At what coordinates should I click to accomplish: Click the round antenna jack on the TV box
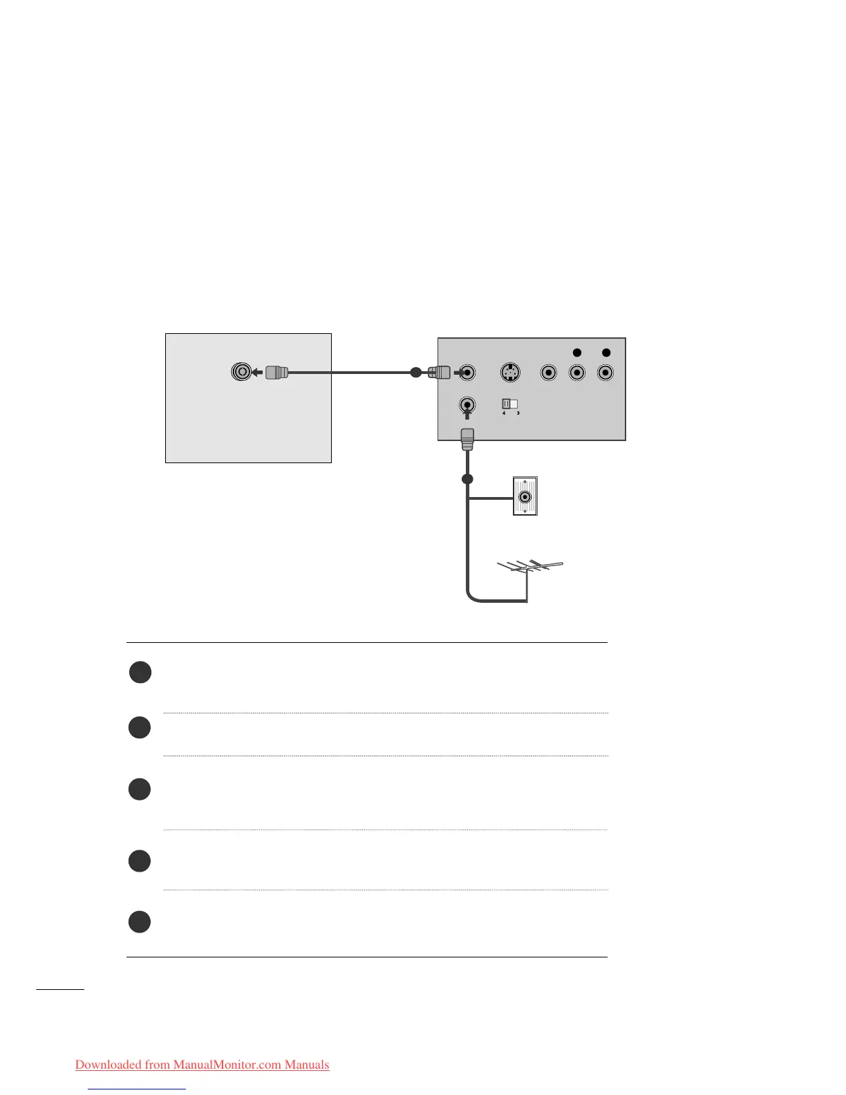pos(241,372)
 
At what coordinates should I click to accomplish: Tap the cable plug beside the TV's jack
pos(276,372)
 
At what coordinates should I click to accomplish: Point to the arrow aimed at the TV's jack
pos(256,373)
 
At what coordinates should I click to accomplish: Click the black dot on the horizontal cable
pos(415,372)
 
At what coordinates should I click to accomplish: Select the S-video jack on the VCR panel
pos(509,372)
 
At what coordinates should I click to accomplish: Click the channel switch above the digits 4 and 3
pos(510,404)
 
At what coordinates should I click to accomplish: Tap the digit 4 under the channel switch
pos(504,413)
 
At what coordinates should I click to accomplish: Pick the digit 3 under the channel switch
pos(518,413)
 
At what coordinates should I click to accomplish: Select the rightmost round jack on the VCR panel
pos(605,373)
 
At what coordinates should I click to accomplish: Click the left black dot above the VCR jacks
pos(577,353)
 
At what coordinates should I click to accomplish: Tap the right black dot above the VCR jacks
pos(606,353)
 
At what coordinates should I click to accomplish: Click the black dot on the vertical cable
pos(467,479)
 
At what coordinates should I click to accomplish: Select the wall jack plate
pos(525,496)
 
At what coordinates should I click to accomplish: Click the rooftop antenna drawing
pos(530,568)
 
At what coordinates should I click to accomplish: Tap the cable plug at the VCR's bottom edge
pos(467,438)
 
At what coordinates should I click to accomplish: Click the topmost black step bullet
pos(140,672)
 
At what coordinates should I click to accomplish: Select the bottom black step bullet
pos(140,921)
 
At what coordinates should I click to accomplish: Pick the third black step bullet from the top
pos(140,789)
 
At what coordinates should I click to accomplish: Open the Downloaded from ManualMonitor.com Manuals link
pos(202,1065)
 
